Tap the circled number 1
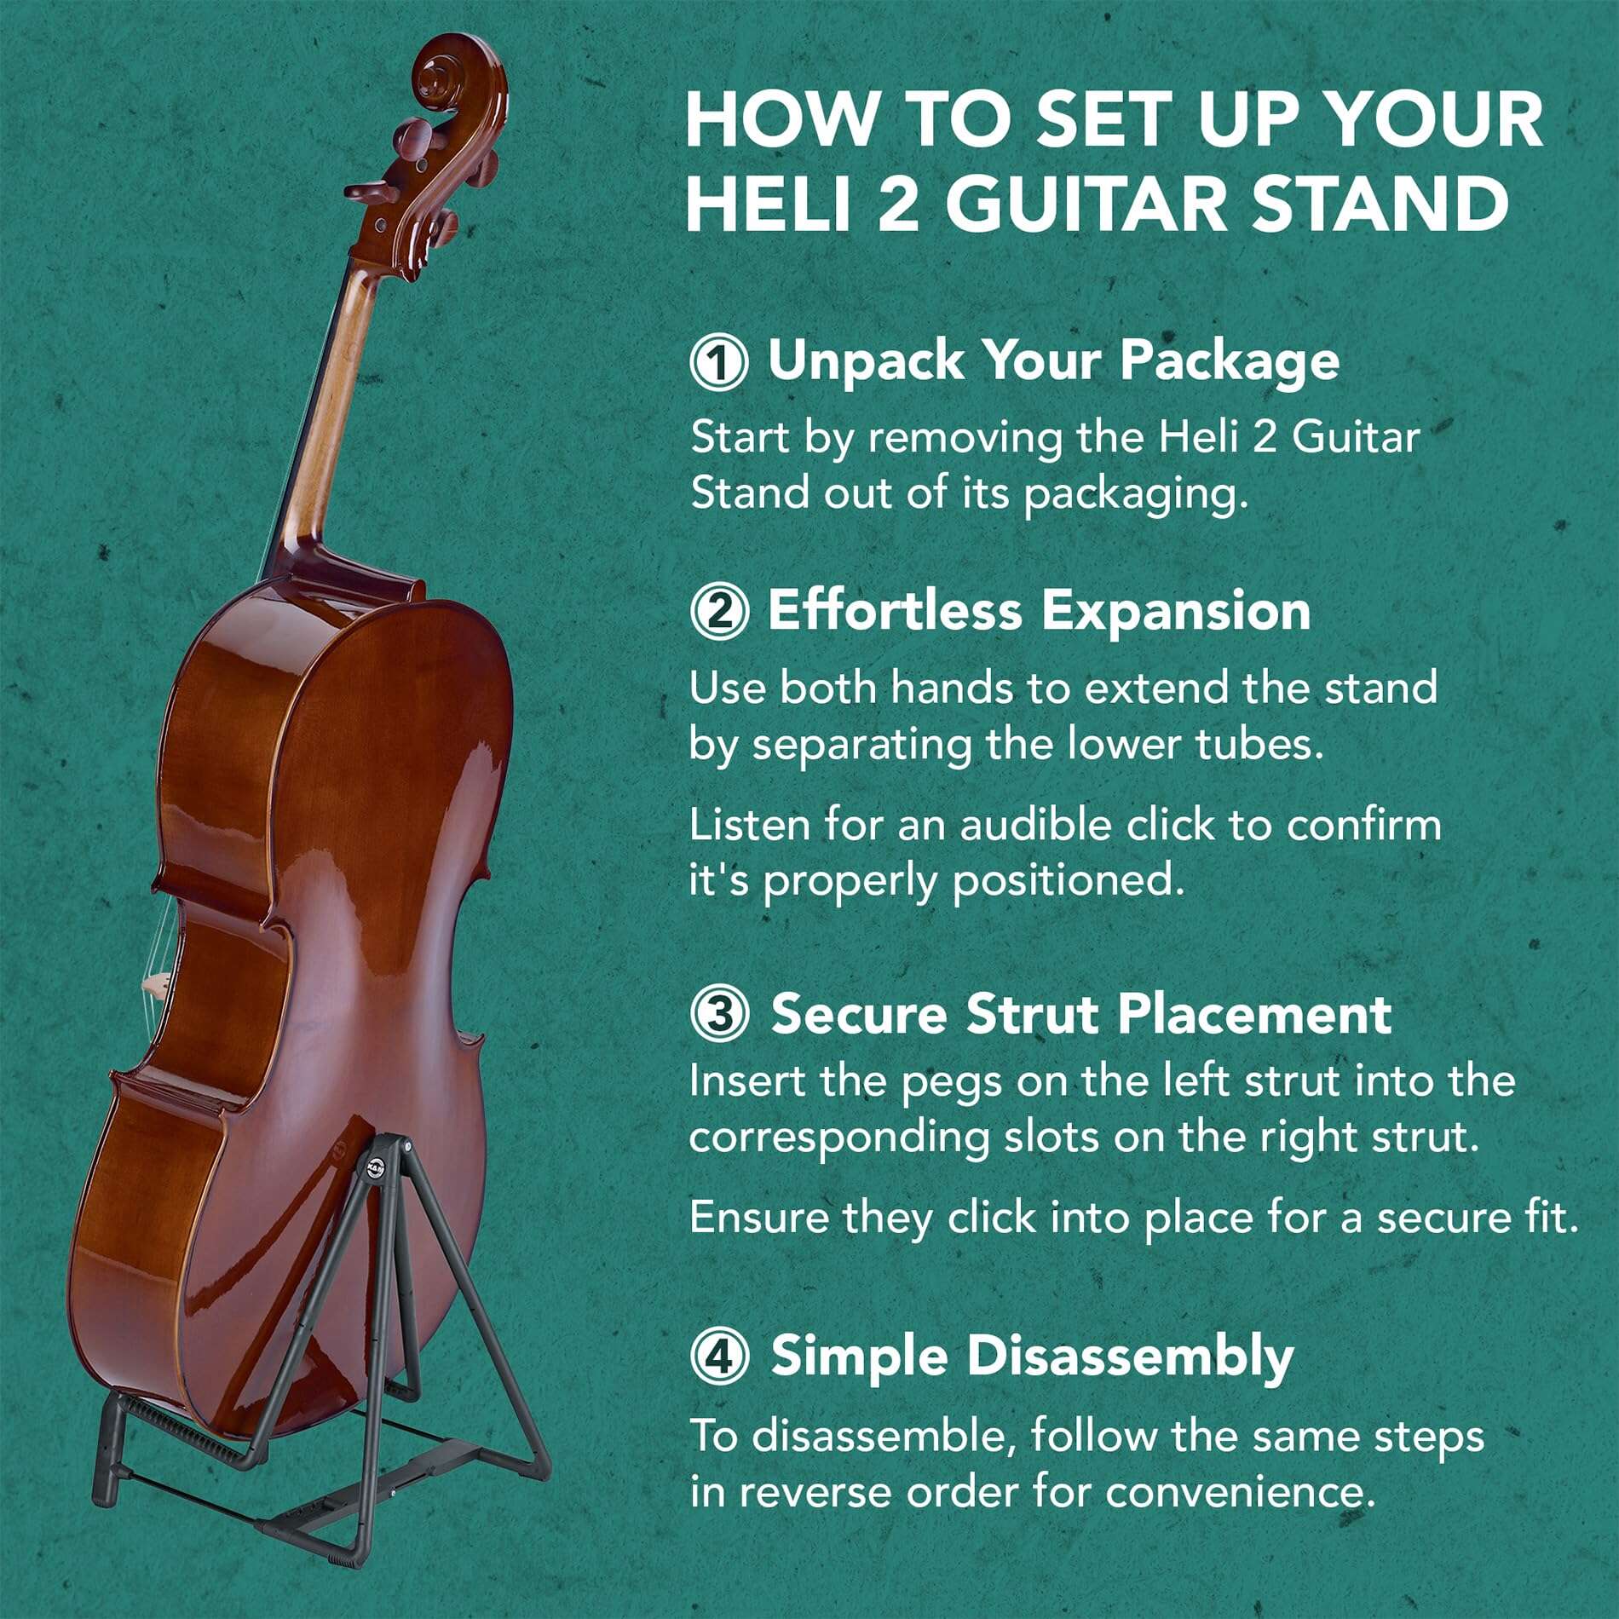[x=719, y=363]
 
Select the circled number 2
[x=719, y=612]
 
